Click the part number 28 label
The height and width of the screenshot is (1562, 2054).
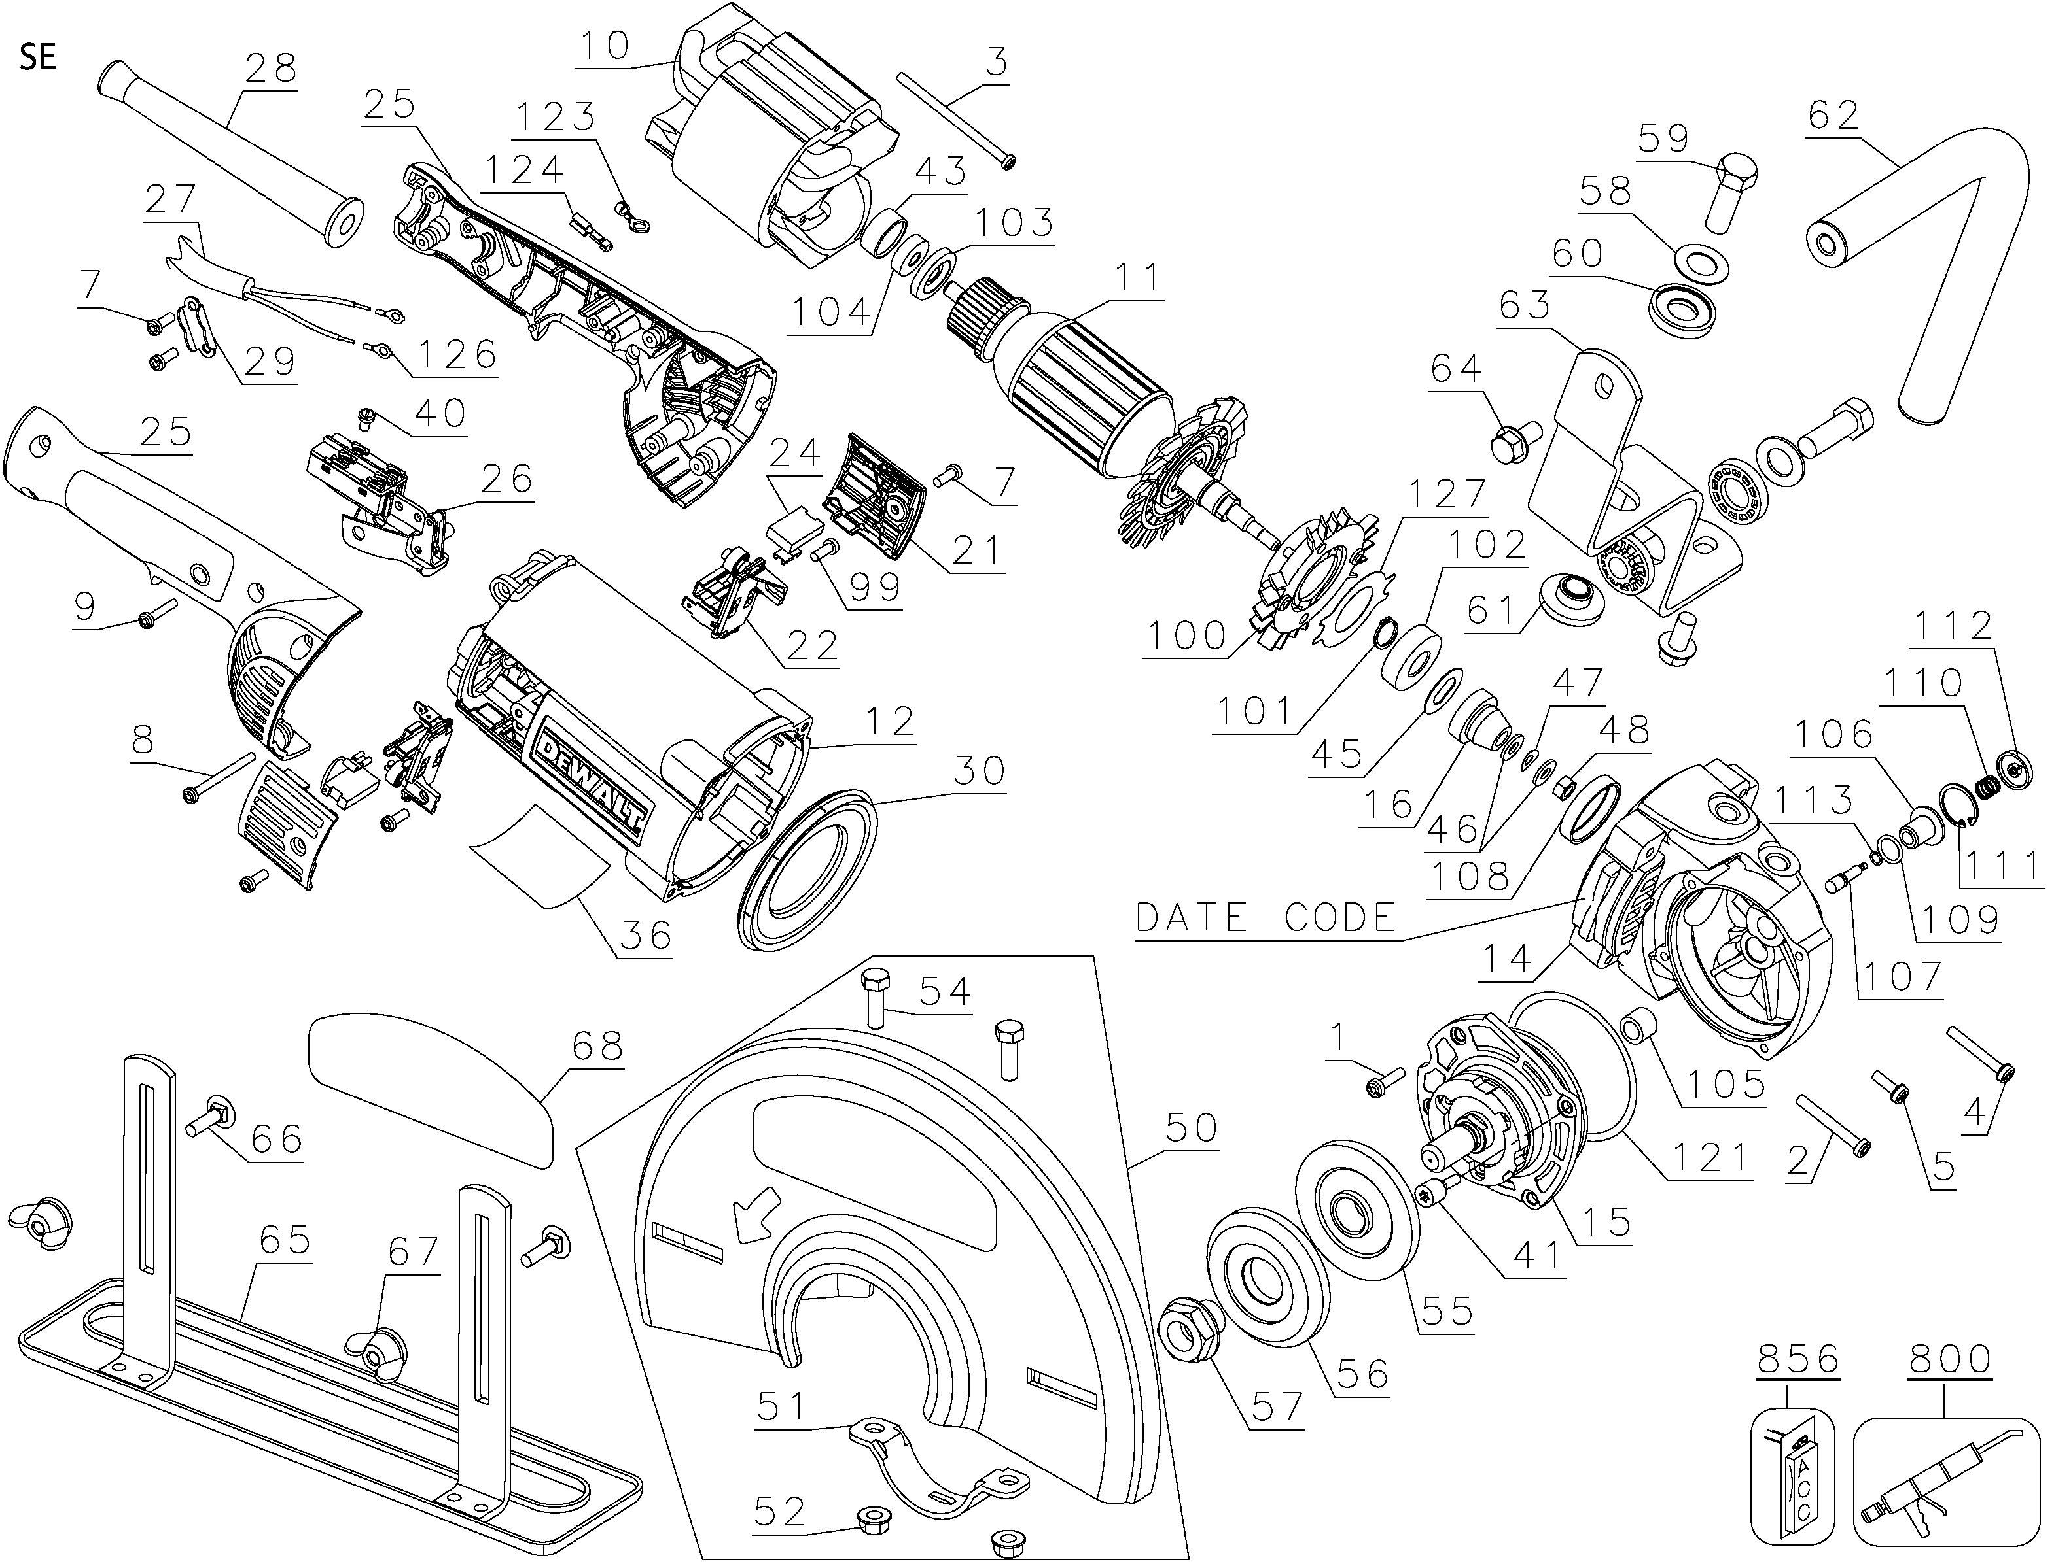click(x=271, y=68)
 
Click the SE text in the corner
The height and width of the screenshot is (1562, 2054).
click(x=37, y=58)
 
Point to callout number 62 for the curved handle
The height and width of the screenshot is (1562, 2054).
click(x=1834, y=115)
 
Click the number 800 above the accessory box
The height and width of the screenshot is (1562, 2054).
click(x=1950, y=1359)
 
